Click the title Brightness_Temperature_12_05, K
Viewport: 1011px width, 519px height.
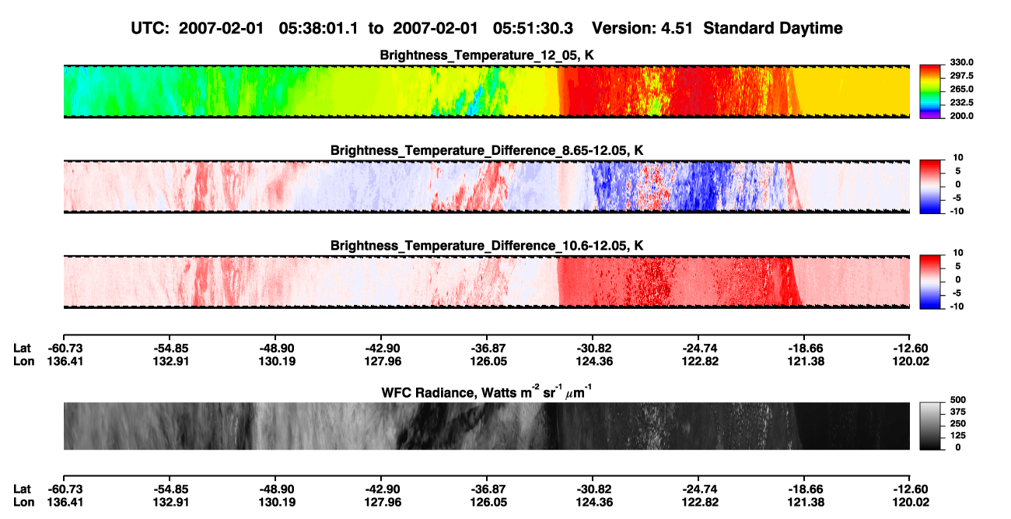point(487,55)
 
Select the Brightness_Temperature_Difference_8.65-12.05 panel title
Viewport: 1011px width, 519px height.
point(487,150)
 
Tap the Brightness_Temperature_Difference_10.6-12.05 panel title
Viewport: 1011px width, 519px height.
point(487,246)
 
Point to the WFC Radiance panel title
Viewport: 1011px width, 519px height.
point(487,392)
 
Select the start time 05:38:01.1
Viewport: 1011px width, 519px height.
point(318,28)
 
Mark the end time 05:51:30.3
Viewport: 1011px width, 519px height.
point(533,28)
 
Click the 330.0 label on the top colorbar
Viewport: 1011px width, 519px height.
point(961,62)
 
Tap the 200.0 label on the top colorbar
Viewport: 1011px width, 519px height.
point(961,116)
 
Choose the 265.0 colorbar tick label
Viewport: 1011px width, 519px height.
point(961,89)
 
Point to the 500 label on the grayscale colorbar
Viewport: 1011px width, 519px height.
point(958,400)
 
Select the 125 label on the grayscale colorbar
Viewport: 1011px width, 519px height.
point(958,436)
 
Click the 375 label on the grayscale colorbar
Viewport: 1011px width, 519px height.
point(958,412)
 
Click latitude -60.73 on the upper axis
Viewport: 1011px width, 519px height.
point(65,349)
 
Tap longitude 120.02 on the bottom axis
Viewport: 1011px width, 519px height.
point(911,503)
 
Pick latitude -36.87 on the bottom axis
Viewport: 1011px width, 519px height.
point(488,489)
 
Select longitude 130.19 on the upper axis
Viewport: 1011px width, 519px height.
point(277,361)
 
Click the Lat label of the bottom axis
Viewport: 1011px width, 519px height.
point(22,489)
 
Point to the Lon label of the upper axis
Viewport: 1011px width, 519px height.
point(23,361)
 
